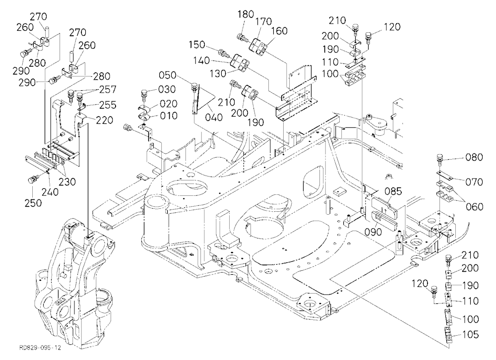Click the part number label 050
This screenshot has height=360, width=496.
tap(167, 75)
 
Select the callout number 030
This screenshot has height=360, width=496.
tap(167, 90)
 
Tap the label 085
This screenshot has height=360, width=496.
tap(393, 191)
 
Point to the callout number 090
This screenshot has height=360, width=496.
tap(373, 232)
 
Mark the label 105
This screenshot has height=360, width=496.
tap(470, 334)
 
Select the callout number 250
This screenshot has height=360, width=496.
tap(33, 203)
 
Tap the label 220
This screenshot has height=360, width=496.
tap(104, 120)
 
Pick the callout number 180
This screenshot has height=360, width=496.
tap(246, 14)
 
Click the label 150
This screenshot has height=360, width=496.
tap(197, 45)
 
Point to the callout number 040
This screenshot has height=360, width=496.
tap(214, 118)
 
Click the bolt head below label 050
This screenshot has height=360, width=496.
tap(194, 85)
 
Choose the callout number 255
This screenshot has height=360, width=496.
tap(108, 105)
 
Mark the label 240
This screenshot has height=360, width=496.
tap(50, 192)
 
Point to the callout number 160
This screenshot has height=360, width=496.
tap(279, 31)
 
